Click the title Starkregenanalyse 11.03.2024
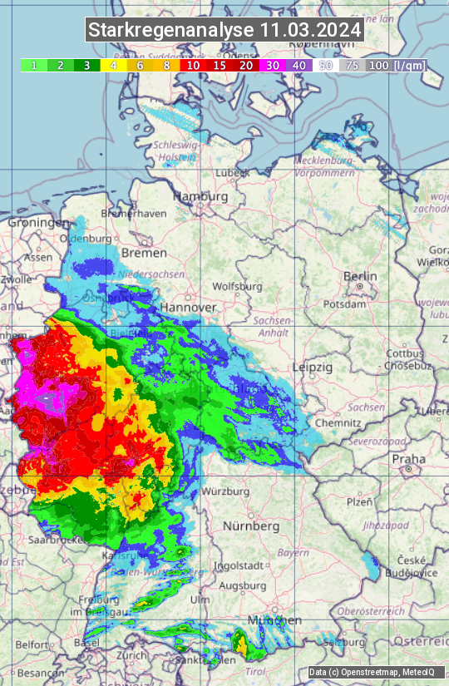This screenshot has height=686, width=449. point(224,31)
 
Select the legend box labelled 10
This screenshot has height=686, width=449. point(193,65)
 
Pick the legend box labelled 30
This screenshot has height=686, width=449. point(273,65)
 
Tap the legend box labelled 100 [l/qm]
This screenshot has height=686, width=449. point(396,65)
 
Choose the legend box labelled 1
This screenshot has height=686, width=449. point(34,65)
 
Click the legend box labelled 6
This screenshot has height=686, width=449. point(140,65)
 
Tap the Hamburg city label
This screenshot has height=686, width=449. point(200,197)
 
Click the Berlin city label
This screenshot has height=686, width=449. point(360,276)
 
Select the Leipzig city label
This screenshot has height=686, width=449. point(313,367)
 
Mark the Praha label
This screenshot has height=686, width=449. point(408,459)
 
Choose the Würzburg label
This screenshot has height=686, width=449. point(225,491)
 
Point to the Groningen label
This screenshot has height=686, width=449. point(38,223)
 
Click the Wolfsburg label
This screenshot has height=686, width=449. point(237,287)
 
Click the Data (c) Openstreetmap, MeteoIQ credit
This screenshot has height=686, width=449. point(372,672)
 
